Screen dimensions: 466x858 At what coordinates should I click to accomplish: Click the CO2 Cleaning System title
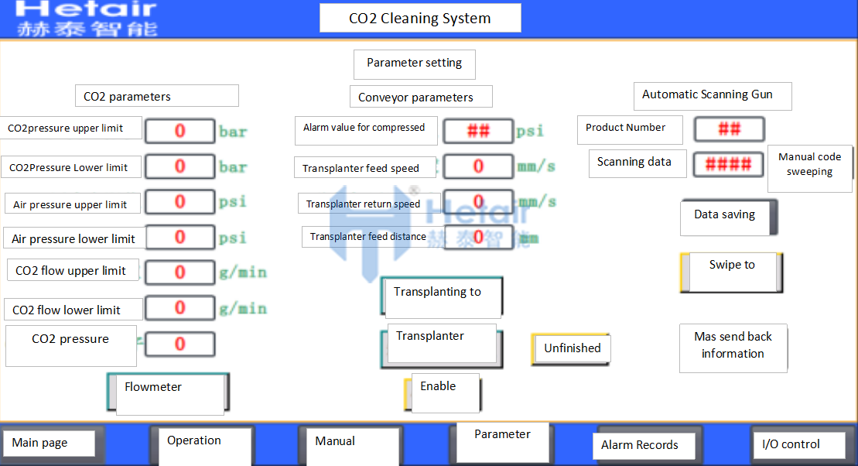pyautogui.click(x=420, y=18)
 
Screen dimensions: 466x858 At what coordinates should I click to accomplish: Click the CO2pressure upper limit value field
pyautogui.click(x=179, y=131)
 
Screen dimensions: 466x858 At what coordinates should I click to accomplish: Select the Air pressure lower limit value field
pyautogui.click(x=179, y=237)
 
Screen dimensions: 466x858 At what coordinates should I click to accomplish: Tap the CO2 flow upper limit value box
pyautogui.click(x=179, y=272)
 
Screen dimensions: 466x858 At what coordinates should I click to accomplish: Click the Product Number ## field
pyautogui.click(x=729, y=129)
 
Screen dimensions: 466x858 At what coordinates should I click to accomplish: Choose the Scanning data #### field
pyautogui.click(x=728, y=164)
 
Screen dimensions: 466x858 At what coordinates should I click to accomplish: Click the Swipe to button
pyautogui.click(x=732, y=272)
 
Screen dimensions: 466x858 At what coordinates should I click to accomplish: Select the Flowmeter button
pyautogui.click(x=168, y=392)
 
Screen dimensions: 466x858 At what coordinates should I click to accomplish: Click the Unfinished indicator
pyautogui.click(x=571, y=349)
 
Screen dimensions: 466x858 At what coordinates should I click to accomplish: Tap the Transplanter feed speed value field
pyautogui.click(x=477, y=166)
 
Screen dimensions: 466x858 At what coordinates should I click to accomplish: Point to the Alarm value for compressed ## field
pyautogui.click(x=477, y=131)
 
